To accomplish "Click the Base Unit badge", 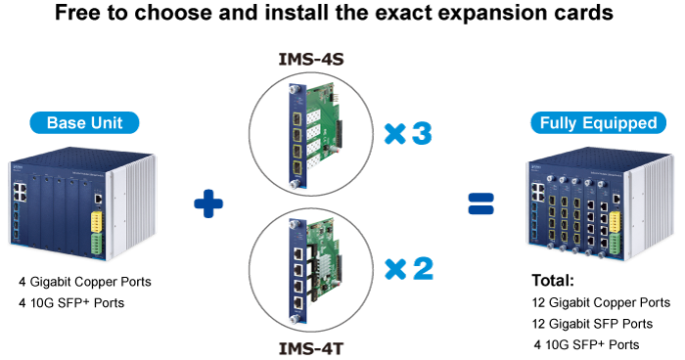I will click(x=86, y=123).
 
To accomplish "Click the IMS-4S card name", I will click(x=312, y=60).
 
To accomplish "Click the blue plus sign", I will click(x=208, y=203).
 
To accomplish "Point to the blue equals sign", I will click(x=479, y=203).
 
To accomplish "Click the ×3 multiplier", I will click(x=408, y=134).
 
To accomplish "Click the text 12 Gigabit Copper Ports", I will click(x=600, y=302).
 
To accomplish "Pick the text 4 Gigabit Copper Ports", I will click(x=85, y=283).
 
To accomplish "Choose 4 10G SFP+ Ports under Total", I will click(x=586, y=344).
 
